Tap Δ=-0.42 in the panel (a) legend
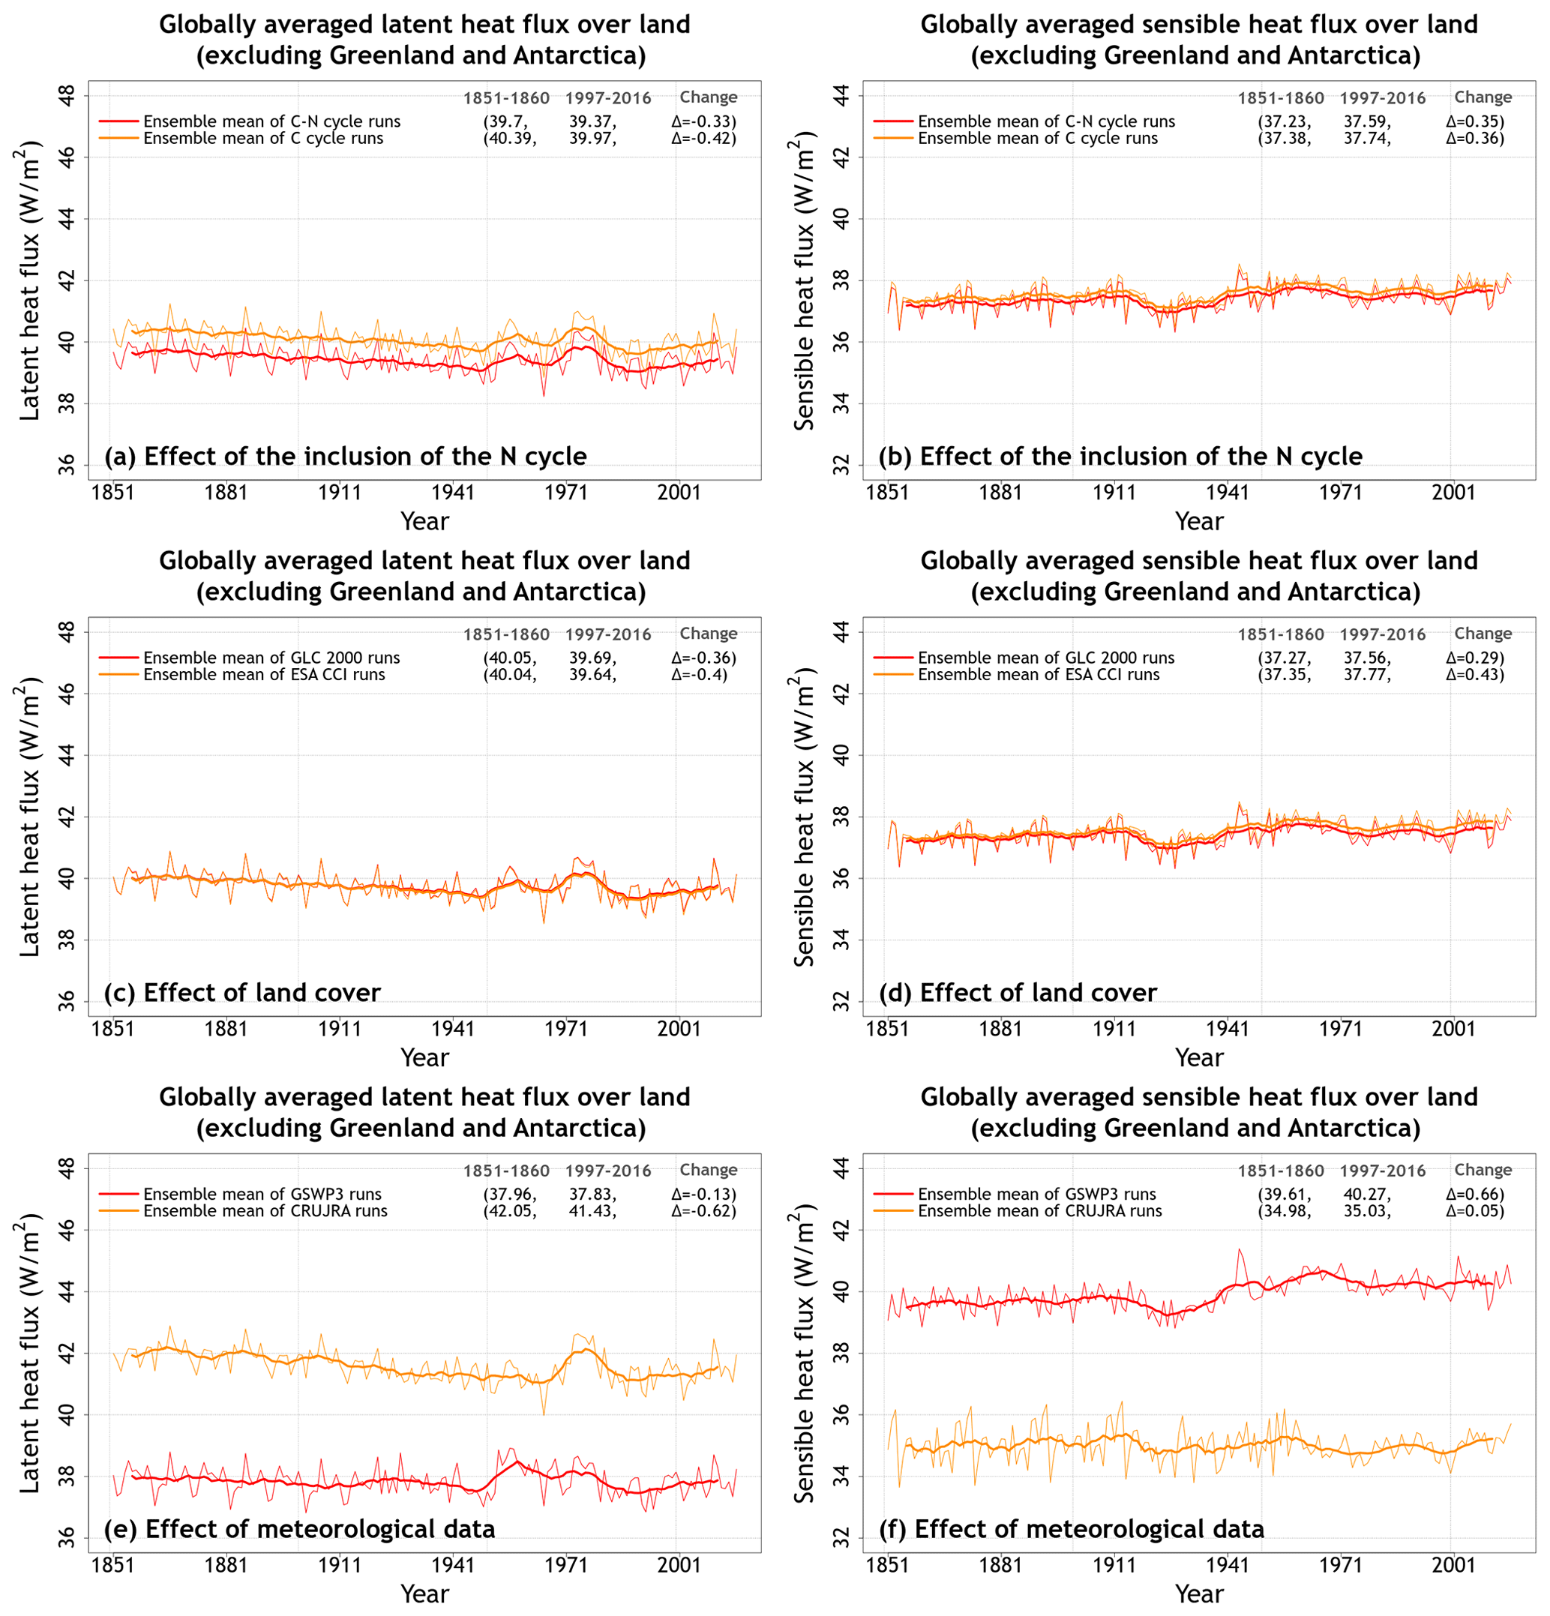pyautogui.click(x=703, y=139)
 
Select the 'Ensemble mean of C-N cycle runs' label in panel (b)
pyautogui.click(x=1046, y=121)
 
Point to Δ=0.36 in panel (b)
pyautogui.click(x=1474, y=139)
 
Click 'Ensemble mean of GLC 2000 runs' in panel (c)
pyautogui.click(x=271, y=658)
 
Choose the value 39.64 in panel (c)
pyautogui.click(x=592, y=674)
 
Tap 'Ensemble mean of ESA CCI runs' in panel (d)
pyautogui.click(x=1038, y=674)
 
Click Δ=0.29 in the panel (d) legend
pyautogui.click(x=1474, y=658)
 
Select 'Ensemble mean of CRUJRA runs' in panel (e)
pyautogui.click(x=265, y=1210)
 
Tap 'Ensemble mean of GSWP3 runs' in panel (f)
pyautogui.click(x=1036, y=1194)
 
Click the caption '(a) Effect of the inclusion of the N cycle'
pyautogui.click(x=346, y=457)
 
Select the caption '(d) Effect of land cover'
pyautogui.click(x=1018, y=993)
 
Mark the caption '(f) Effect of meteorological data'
pyautogui.click(x=1071, y=1528)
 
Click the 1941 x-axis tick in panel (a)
pyautogui.click(x=453, y=493)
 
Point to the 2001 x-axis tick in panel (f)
pyautogui.click(x=1453, y=1565)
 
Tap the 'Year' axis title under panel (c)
pyautogui.click(x=424, y=1057)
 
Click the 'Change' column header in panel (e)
pyautogui.click(x=708, y=1169)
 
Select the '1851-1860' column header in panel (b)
pyautogui.click(x=1280, y=98)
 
